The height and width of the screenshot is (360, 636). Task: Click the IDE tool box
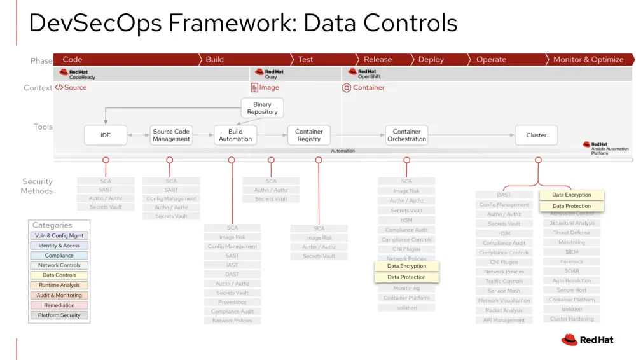coord(106,135)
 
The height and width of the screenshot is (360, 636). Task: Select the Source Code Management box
coord(171,135)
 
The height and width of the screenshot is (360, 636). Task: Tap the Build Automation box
coord(235,135)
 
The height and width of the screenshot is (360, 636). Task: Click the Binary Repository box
coord(262,108)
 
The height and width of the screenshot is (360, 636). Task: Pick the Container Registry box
coord(309,135)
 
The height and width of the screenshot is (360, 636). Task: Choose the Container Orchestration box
coord(406,135)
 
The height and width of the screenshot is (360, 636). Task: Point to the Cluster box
coord(536,135)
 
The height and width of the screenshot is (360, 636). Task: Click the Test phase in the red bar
coord(305,60)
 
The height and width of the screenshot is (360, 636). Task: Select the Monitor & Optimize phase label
coord(588,60)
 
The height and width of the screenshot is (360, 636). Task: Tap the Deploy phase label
coord(431,60)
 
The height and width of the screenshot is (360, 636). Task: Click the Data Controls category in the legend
coord(59,275)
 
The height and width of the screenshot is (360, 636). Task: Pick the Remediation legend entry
coord(59,305)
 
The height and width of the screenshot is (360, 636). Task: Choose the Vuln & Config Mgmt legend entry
coord(59,235)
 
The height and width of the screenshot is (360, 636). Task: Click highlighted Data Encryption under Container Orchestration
coord(406,266)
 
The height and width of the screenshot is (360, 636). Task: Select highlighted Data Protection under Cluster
coord(571,206)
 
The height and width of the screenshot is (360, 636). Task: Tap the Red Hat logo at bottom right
coord(587,340)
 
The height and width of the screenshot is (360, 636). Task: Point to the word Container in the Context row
coord(368,88)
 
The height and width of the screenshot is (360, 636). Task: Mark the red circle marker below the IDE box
coord(106,160)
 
